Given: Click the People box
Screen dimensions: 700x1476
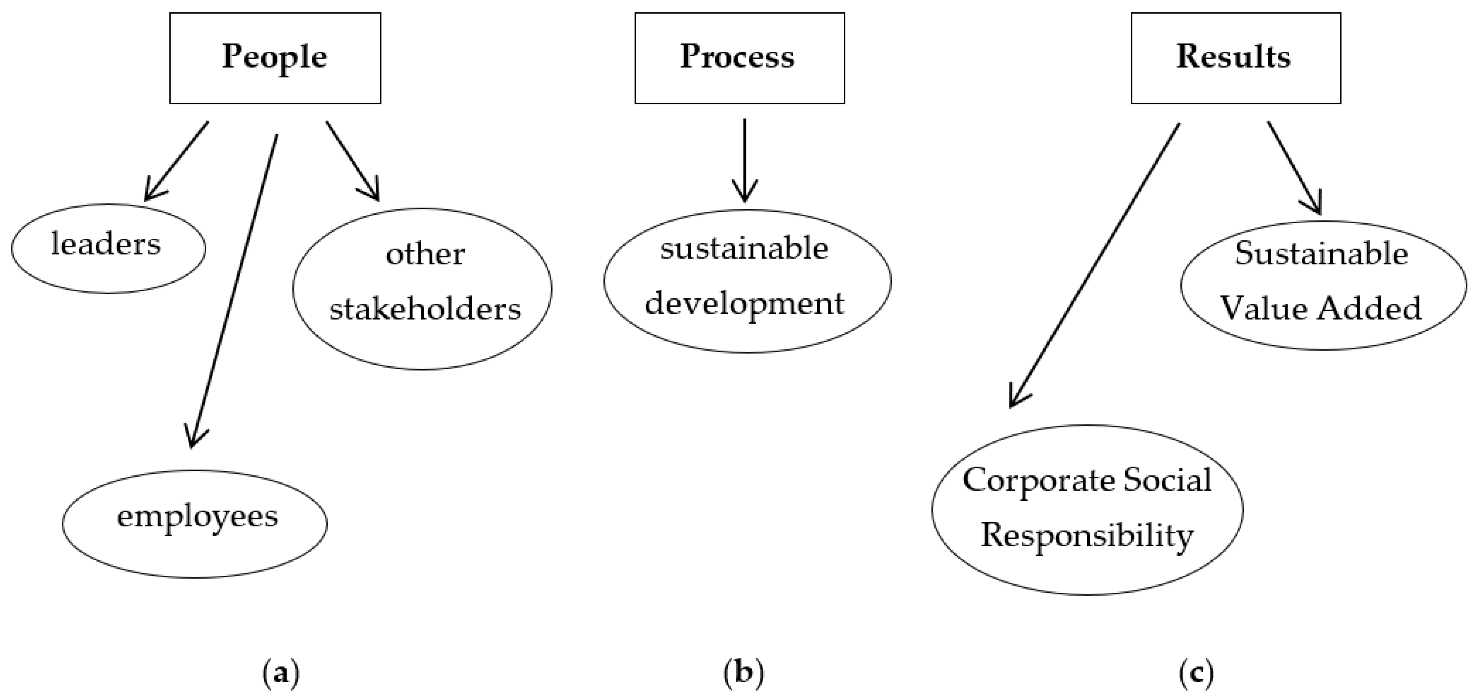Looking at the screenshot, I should (275, 58).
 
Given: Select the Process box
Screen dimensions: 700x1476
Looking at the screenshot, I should (739, 58).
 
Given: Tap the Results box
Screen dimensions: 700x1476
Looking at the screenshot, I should (1235, 58).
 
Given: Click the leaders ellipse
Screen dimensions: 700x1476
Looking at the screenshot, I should (108, 248).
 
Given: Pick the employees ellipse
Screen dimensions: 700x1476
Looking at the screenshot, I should (195, 524).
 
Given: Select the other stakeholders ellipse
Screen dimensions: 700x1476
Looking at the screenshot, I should (422, 288).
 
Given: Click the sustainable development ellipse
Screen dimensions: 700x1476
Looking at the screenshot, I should (747, 280).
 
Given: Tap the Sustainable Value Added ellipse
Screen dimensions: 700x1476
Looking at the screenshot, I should (1323, 285).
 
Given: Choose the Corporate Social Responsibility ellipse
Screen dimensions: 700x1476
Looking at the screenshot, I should (1087, 509).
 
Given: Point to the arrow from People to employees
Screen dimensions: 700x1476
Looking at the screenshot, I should (235, 287).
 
